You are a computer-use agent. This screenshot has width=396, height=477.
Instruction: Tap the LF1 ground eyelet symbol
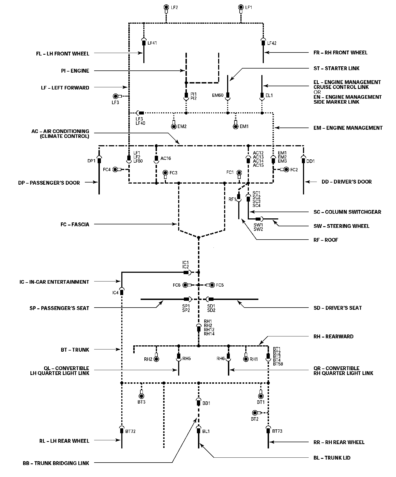(241, 7)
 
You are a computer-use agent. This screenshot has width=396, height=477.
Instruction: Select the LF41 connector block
(144, 42)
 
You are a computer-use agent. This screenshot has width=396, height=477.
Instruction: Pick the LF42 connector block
(263, 42)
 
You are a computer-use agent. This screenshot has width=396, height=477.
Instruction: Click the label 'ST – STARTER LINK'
(336, 68)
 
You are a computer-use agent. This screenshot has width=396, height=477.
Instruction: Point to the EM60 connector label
(218, 95)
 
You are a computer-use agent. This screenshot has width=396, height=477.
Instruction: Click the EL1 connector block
(262, 95)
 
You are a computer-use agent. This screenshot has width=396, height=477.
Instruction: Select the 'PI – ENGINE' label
(75, 71)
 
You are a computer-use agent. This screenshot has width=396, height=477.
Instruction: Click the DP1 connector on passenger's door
(99, 160)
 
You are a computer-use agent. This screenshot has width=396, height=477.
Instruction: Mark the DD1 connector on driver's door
(304, 160)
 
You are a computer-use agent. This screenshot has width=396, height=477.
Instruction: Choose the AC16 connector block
(156, 158)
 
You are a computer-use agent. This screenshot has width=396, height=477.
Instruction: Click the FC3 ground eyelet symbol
(165, 173)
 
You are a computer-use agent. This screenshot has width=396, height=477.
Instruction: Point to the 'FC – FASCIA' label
(75, 224)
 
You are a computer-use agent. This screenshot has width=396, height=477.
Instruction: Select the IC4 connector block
(122, 292)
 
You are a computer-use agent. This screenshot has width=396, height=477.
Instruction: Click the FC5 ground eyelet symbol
(211, 285)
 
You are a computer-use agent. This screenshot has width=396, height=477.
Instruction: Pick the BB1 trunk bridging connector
(199, 402)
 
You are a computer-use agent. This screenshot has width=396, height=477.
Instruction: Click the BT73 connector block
(268, 430)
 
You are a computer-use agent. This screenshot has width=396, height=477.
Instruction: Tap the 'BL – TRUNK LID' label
(332, 458)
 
